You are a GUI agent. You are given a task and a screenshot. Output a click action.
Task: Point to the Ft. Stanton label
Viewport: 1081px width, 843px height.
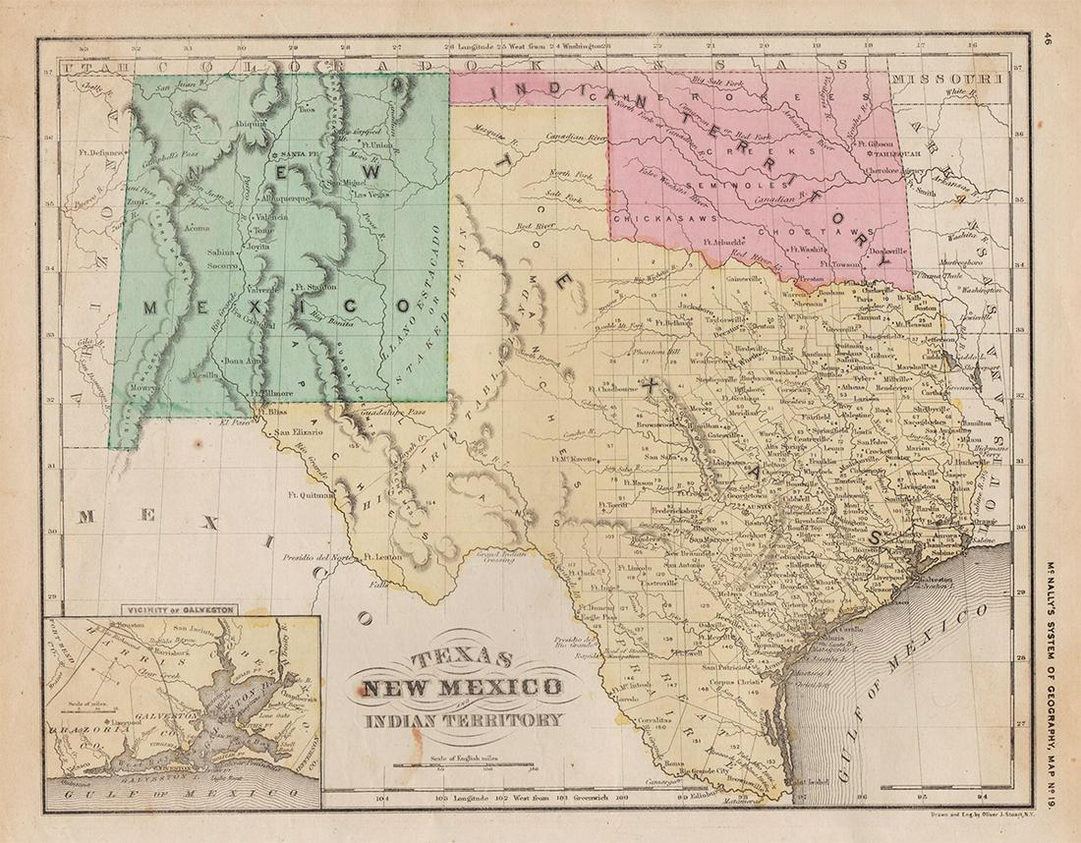pos(315,287)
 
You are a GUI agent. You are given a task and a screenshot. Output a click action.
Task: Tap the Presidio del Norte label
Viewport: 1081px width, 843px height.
pos(316,558)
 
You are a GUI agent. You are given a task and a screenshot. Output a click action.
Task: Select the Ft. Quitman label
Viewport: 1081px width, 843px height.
pos(313,495)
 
